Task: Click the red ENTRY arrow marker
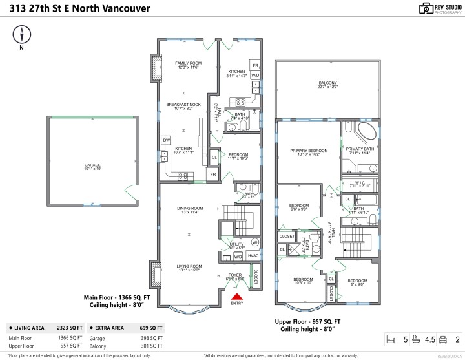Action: click(236, 297)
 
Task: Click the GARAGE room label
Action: click(92, 165)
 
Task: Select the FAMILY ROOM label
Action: click(188, 63)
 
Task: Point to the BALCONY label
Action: click(327, 83)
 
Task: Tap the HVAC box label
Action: click(253, 256)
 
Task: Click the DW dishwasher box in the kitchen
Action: click(167, 140)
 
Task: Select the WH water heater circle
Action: click(255, 242)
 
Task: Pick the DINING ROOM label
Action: click(190, 208)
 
